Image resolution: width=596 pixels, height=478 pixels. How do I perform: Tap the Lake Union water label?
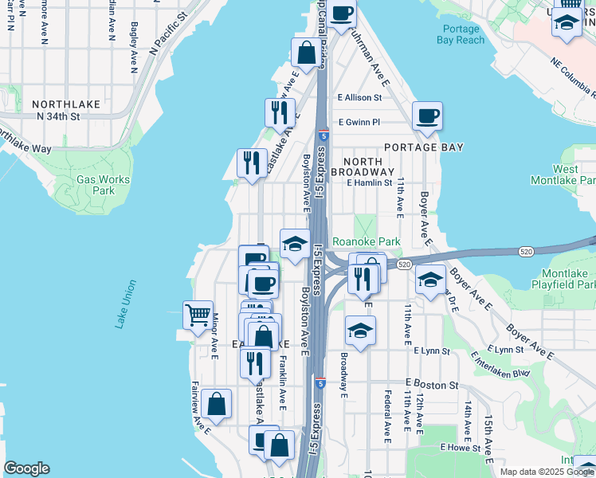click(x=125, y=304)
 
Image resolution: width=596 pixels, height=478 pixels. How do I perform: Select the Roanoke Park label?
click(x=366, y=241)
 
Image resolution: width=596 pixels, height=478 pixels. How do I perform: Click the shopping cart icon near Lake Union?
click(x=197, y=314)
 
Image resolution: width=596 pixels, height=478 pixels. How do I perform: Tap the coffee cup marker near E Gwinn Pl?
click(x=427, y=116)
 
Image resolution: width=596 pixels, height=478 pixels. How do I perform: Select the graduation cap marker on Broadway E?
click(x=360, y=331)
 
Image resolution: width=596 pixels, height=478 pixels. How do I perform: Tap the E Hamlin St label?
click(x=370, y=182)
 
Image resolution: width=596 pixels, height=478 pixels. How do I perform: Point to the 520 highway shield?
click(x=404, y=264)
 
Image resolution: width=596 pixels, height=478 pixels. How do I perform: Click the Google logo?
click(x=25, y=468)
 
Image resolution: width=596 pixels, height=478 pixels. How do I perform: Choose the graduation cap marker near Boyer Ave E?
click(x=430, y=280)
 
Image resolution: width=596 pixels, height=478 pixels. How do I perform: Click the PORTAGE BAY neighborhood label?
click(x=422, y=147)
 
